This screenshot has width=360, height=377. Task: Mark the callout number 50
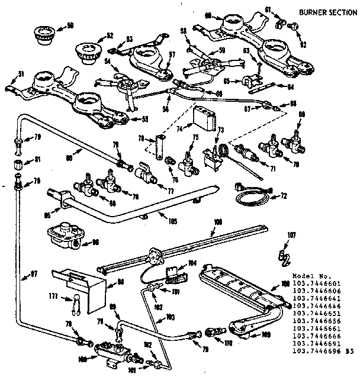[70, 25]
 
